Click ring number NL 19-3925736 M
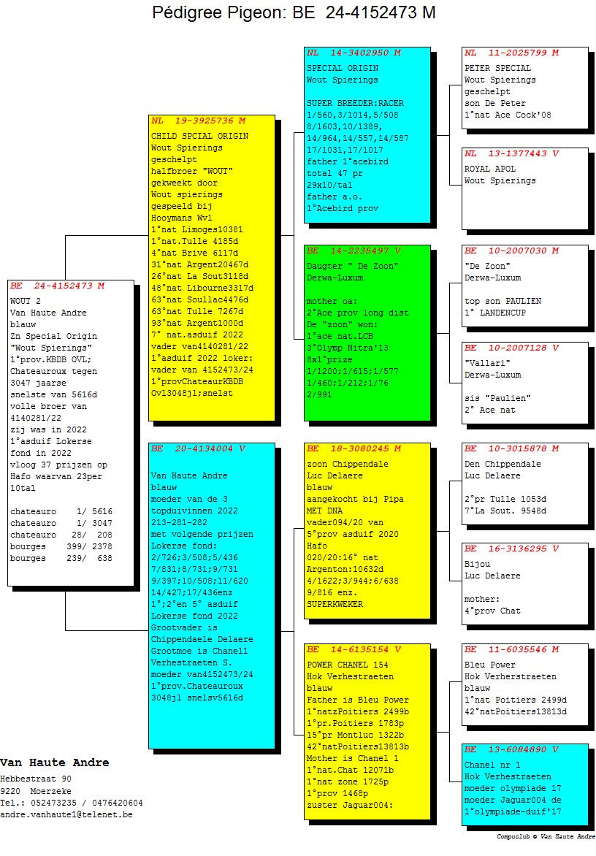[x=198, y=121]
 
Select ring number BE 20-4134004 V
[x=198, y=448]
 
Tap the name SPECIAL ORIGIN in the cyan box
[x=343, y=68]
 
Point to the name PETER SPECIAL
[x=497, y=68]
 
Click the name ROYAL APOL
[x=489, y=169]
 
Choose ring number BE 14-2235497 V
[x=354, y=251]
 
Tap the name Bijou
[x=477, y=564]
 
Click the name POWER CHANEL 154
[x=347, y=665]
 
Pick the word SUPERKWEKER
[x=335, y=604]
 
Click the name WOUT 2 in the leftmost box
[x=25, y=302]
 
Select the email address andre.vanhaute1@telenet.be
[x=66, y=814]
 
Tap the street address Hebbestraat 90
[x=36, y=779]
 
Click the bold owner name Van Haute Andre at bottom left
[x=55, y=763]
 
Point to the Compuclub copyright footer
[x=546, y=836]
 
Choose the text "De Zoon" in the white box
[x=487, y=267]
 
